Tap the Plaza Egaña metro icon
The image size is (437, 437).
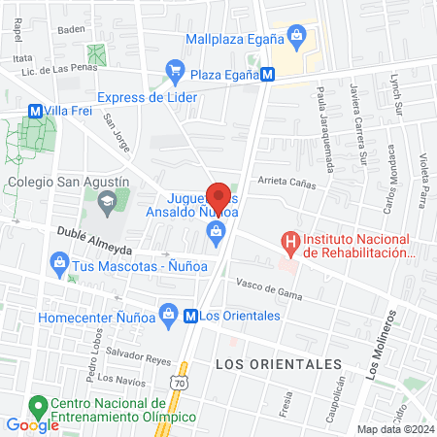pos(265,74)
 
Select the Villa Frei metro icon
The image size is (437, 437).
pos(35,111)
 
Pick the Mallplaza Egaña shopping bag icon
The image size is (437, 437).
pos(297,39)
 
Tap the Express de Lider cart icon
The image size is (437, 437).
pos(175,69)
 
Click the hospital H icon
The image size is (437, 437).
pos(288,240)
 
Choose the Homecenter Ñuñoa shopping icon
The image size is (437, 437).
pos(169,315)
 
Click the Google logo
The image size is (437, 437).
pos(32,424)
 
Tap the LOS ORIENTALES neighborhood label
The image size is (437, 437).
pos(277,363)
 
